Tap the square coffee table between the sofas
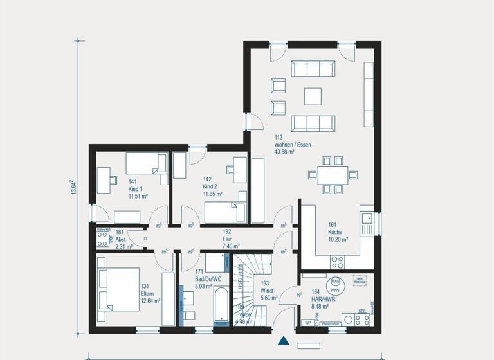[313, 96]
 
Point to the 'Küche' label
[334, 232]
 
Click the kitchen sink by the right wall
[368, 221]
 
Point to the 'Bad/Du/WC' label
[208, 280]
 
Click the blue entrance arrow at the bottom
[283, 341]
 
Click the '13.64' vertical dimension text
[73, 188]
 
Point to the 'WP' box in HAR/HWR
[308, 323]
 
